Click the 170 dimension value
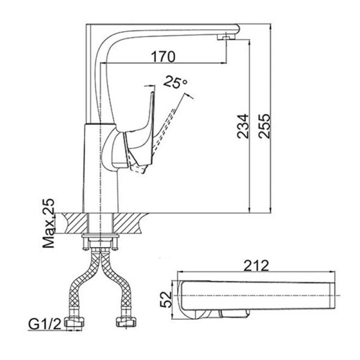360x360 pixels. pyautogui.click(x=163, y=57)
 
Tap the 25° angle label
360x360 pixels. pyautogui.click(x=175, y=83)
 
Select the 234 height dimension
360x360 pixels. pyautogui.click(x=242, y=127)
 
